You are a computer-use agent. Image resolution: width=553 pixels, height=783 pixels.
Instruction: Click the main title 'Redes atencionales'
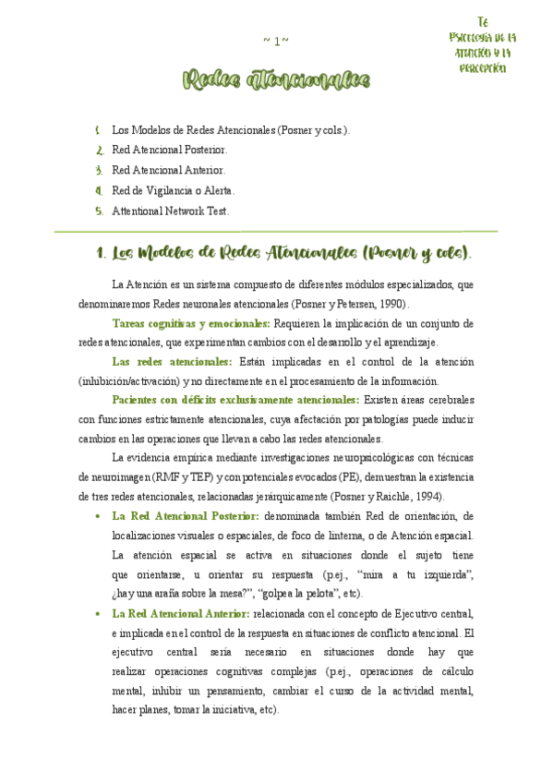(276, 82)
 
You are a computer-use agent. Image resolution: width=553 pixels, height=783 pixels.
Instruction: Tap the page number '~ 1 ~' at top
(276, 41)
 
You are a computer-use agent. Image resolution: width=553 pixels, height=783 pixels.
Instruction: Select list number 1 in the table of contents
(98, 130)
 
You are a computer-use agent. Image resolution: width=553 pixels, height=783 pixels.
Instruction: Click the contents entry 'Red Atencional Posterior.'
(169, 149)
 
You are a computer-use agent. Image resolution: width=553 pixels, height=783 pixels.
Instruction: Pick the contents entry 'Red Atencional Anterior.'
(168, 170)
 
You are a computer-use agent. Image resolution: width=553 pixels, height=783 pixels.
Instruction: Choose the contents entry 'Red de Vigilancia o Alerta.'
(174, 190)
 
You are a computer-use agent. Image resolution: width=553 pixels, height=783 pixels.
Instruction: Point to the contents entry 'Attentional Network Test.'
(170, 211)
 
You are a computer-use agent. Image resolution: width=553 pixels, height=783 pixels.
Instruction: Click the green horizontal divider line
(276, 231)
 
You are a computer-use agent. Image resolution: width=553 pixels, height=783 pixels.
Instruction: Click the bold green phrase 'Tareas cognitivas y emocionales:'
(190, 324)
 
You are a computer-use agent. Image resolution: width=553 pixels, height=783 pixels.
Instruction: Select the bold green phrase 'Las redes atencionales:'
(172, 362)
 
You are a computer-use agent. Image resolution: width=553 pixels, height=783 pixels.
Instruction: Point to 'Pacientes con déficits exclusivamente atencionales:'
(235, 400)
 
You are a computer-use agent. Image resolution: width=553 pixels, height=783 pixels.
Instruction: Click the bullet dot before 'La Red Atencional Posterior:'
(98, 516)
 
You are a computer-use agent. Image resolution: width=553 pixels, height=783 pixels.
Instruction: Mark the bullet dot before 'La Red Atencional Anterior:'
(98, 613)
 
